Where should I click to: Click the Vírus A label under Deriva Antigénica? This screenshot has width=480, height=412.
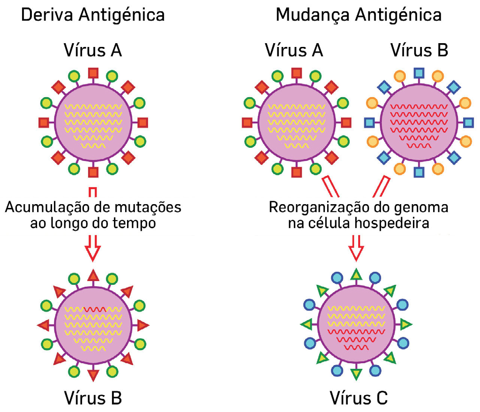[93, 50]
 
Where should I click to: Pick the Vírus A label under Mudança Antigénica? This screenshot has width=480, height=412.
[294, 50]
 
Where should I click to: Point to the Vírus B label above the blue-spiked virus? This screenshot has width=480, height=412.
[419, 50]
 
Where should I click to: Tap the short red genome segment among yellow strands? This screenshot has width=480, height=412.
[95, 309]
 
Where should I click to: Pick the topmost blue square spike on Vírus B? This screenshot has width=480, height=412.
[419, 73]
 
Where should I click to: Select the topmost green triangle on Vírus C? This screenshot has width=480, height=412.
[356, 275]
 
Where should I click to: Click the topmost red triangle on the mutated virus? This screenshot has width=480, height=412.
[93, 275]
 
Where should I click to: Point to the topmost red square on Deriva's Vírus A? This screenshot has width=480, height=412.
[93, 73]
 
